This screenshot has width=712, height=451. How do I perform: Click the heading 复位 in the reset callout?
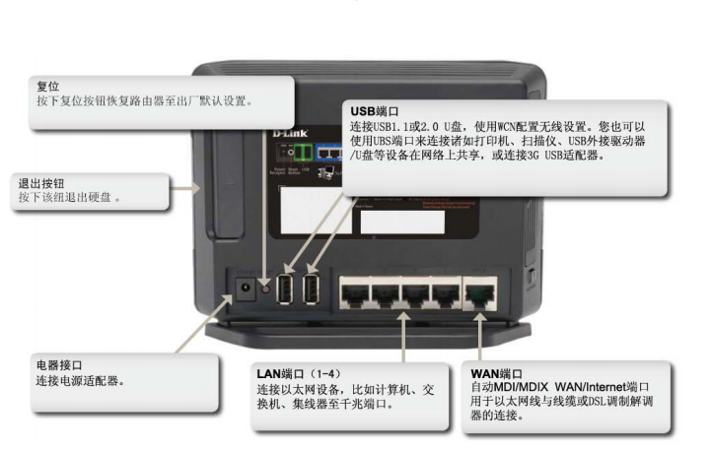click(x=47, y=86)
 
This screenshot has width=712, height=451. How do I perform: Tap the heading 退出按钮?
click(x=40, y=183)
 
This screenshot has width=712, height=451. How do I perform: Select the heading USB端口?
click(x=374, y=111)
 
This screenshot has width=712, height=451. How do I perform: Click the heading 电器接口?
click(x=59, y=365)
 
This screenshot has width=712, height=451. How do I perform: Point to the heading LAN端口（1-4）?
click(x=299, y=374)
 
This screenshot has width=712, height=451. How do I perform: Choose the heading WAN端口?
click(x=496, y=374)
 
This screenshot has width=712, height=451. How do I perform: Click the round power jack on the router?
click(x=246, y=288)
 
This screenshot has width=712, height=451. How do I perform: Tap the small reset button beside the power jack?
click(x=265, y=288)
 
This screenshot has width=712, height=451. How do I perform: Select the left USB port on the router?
click(x=285, y=289)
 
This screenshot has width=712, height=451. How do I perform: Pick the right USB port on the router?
click(x=311, y=289)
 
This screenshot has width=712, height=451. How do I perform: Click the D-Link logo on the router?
click(x=290, y=133)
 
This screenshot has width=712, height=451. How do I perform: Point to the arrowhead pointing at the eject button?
click(x=196, y=188)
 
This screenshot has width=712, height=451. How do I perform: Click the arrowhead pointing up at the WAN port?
click(x=479, y=315)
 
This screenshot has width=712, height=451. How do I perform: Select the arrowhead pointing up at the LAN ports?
click(x=403, y=316)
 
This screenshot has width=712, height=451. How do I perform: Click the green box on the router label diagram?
click(x=303, y=153)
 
